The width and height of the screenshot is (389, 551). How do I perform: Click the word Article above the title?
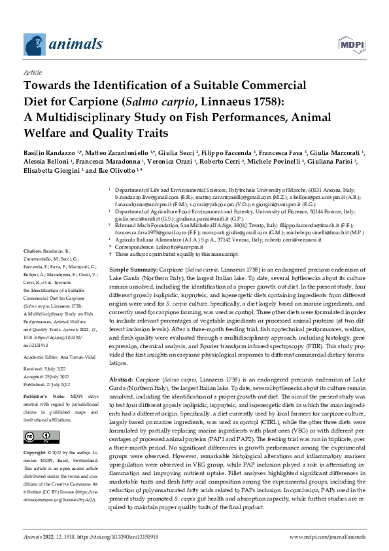[x=32, y=73]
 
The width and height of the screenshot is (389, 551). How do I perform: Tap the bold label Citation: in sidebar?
[x=33, y=251]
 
